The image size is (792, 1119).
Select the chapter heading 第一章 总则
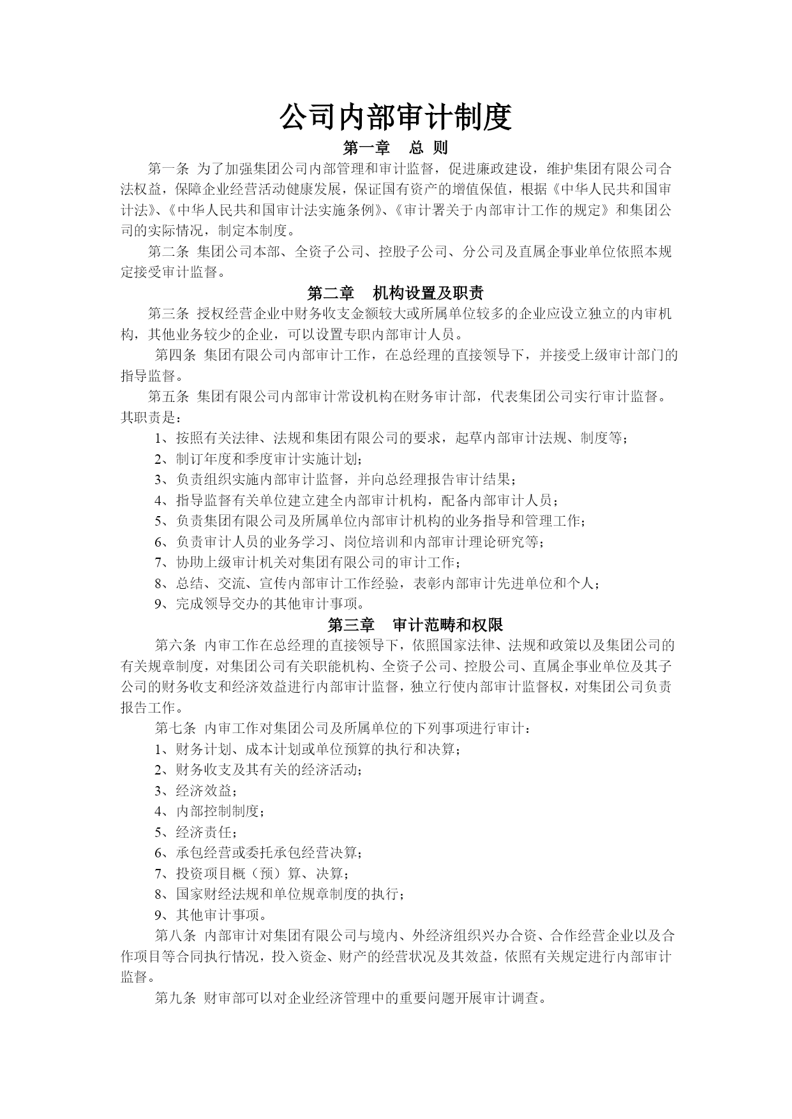point(396,148)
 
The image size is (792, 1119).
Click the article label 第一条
point(168,169)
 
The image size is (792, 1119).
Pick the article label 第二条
point(168,252)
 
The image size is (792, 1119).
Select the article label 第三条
point(168,313)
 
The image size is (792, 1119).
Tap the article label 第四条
point(176,355)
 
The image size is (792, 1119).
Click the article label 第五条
point(168,397)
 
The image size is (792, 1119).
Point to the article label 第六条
point(176,645)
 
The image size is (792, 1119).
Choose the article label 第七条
point(176,728)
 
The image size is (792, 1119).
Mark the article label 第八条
point(176,936)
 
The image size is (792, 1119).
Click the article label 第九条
point(176,998)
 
